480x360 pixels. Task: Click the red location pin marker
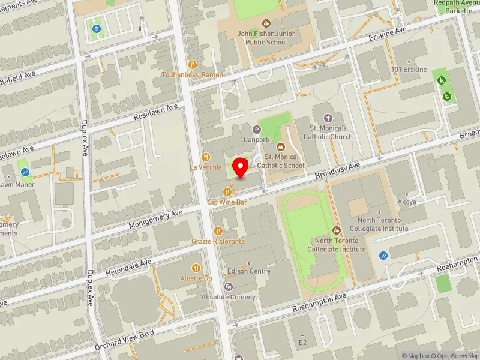(241, 168)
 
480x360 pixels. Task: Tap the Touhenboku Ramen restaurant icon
(193, 64)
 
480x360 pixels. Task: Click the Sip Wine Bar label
(227, 203)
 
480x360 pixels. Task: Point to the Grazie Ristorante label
(218, 241)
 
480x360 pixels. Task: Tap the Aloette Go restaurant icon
(196, 268)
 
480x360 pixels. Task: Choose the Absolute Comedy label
(228, 297)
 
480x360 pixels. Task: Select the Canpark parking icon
(257, 129)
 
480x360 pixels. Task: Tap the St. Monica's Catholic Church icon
(327, 118)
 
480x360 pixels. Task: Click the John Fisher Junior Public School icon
(266, 24)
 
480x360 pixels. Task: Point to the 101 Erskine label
(409, 70)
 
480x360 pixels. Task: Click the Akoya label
(407, 202)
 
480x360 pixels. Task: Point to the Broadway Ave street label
(337, 170)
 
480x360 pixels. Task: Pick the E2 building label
(303, 343)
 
